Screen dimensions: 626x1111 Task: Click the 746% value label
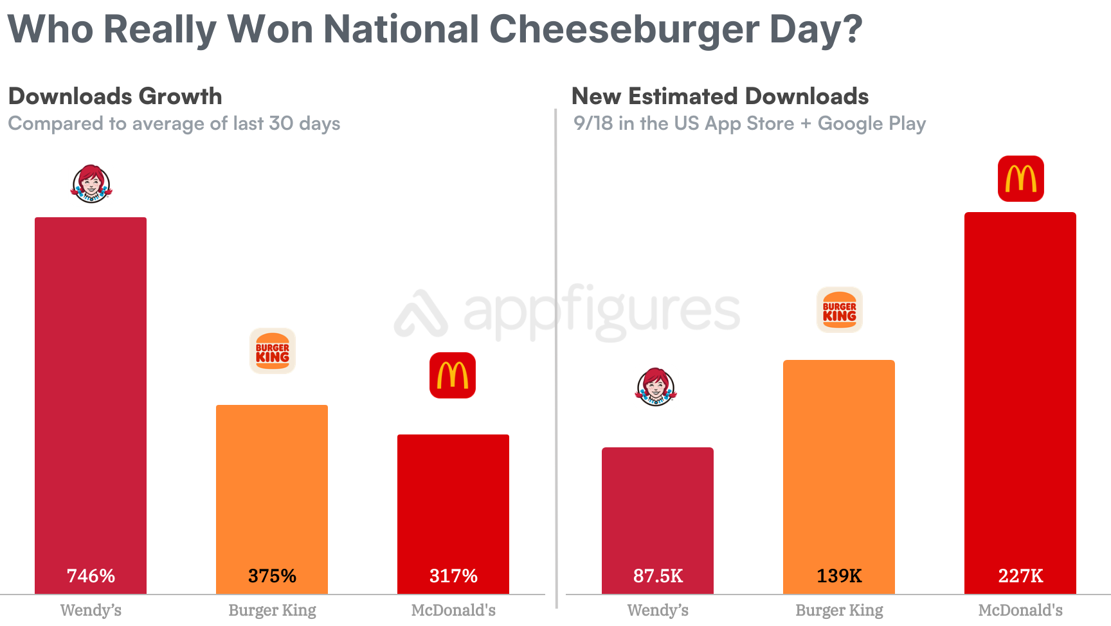[x=91, y=575]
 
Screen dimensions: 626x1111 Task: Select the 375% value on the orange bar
[x=272, y=575]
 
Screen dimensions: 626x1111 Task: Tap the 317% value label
[x=453, y=575]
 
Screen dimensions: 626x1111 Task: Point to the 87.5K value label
[x=658, y=575]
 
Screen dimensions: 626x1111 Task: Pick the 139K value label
[x=839, y=575]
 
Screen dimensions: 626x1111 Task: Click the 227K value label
[x=1020, y=575]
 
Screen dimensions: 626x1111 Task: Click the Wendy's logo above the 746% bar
[x=91, y=184]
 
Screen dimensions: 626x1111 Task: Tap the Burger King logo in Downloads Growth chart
[x=273, y=351]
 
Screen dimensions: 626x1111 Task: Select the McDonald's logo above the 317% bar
[x=453, y=375]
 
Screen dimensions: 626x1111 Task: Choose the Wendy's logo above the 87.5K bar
[x=656, y=387]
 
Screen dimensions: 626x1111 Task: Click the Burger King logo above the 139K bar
[x=839, y=310]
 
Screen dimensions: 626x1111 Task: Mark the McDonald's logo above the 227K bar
[x=1021, y=179]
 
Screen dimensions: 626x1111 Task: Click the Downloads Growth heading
[x=115, y=96]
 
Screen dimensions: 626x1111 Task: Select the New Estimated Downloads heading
[x=720, y=96]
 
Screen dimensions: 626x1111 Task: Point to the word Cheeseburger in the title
[x=624, y=29]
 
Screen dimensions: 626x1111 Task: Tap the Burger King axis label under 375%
[x=272, y=610]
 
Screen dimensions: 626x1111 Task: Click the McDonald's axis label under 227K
[x=1020, y=610]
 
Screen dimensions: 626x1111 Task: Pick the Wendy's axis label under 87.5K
[x=658, y=610]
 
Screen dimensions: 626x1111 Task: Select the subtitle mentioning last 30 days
[x=174, y=123]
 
